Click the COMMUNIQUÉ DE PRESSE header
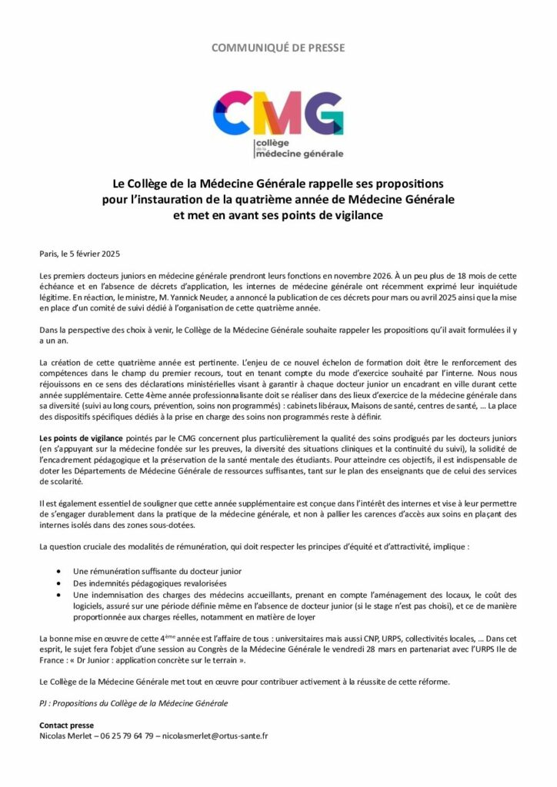click(x=278, y=48)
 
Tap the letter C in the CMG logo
click(x=232, y=112)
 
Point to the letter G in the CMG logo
click(x=323, y=113)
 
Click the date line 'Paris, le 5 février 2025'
click(x=80, y=253)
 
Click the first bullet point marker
click(x=61, y=572)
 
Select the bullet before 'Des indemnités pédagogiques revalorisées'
click(x=61, y=583)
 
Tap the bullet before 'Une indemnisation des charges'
click(x=61, y=595)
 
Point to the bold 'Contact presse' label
click(x=66, y=725)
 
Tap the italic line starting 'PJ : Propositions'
click(x=133, y=703)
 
